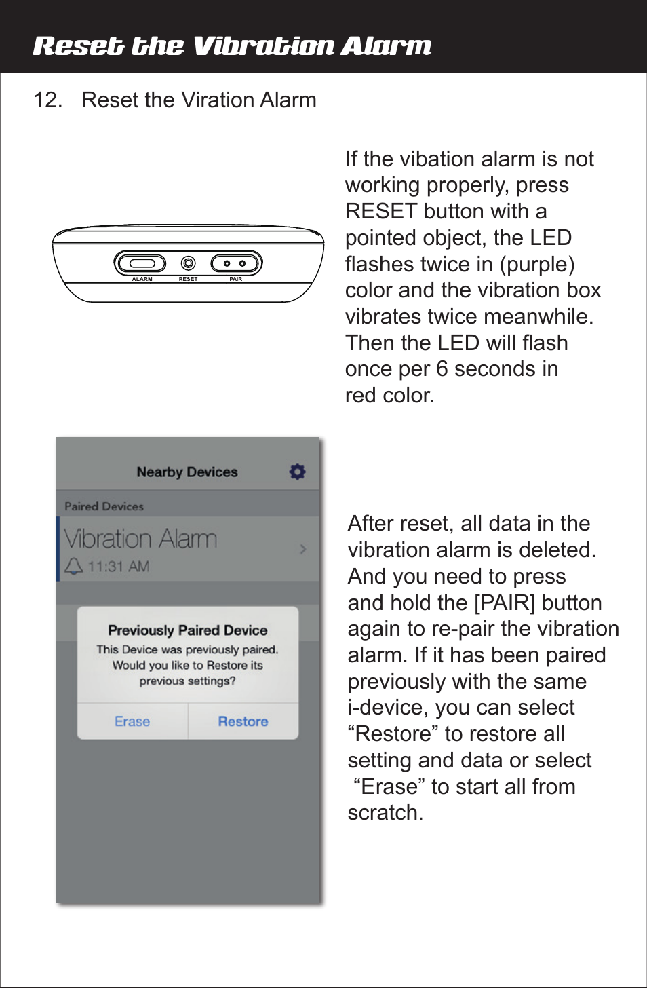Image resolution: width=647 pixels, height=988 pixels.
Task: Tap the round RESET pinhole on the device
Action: [189, 263]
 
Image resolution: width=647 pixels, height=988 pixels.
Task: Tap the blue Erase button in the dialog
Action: [132, 721]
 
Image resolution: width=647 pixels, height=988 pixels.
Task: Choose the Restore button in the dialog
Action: [243, 721]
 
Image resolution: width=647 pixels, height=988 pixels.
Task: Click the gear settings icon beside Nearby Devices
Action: [297, 472]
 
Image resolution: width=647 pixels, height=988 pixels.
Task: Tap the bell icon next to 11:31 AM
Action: [73, 566]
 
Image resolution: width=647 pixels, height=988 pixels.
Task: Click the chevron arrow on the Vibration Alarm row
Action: [303, 548]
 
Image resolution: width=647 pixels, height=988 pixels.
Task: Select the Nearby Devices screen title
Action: [187, 472]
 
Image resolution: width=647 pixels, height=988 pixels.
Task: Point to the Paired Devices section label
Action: [104, 506]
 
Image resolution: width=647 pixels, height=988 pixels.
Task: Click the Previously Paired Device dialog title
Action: [188, 630]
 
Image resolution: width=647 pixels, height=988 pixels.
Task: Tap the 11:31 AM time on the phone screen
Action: [119, 567]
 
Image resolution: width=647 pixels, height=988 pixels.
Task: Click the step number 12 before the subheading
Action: [47, 100]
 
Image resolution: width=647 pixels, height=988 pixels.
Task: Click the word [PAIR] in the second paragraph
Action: [505, 603]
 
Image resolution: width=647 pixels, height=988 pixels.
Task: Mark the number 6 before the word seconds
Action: [442, 369]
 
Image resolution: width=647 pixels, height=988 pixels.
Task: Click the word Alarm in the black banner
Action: [386, 46]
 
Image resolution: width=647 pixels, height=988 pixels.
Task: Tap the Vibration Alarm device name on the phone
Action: [141, 539]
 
